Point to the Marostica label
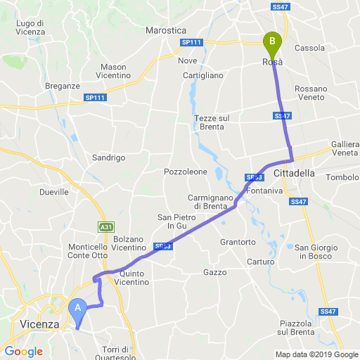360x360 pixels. (165, 31)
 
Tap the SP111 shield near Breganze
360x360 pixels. (94, 97)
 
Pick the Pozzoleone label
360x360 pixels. (186, 172)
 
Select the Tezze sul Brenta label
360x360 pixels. (210, 122)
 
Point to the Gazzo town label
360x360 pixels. (215, 272)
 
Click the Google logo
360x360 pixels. (23, 351)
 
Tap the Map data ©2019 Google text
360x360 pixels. (316, 354)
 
